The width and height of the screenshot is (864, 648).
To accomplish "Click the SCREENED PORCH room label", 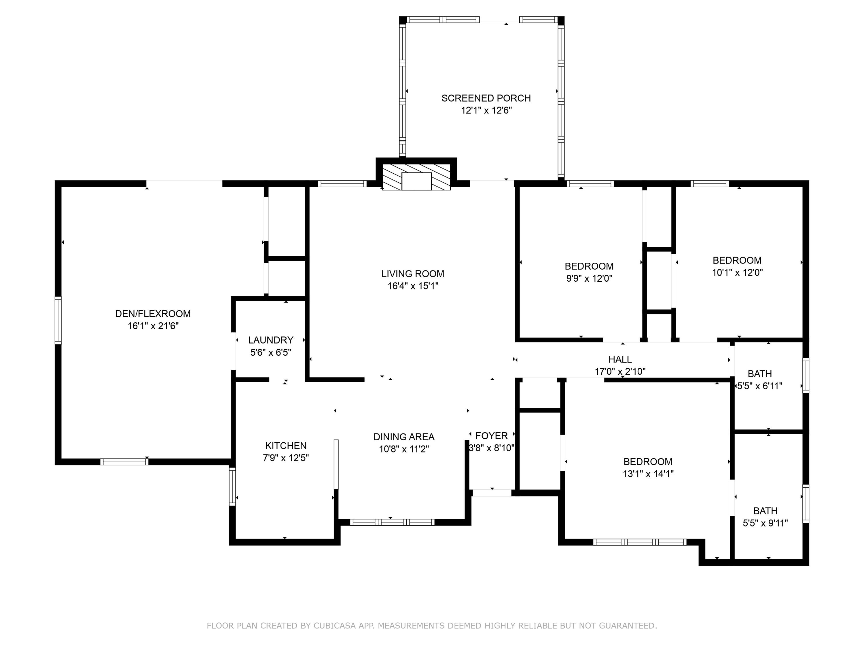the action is pyautogui.click(x=486, y=98).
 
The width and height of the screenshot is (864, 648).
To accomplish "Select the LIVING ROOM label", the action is pyautogui.click(x=413, y=274).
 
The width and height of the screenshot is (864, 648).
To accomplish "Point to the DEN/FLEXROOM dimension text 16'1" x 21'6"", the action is pyautogui.click(x=153, y=326).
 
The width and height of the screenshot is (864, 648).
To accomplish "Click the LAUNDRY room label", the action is pyautogui.click(x=271, y=340).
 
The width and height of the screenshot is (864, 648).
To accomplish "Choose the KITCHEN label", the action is pyautogui.click(x=286, y=446).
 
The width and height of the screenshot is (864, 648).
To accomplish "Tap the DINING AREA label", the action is pyautogui.click(x=404, y=437).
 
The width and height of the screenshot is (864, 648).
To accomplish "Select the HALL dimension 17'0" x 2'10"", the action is pyautogui.click(x=620, y=371).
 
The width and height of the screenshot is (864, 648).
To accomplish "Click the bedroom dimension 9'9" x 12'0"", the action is pyautogui.click(x=589, y=278).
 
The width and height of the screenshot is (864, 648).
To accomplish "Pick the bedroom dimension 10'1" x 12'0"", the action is pyautogui.click(x=737, y=272).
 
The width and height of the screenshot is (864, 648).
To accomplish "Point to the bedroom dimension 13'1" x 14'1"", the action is pyautogui.click(x=648, y=474).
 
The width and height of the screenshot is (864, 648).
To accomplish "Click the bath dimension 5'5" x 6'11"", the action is pyautogui.click(x=760, y=386).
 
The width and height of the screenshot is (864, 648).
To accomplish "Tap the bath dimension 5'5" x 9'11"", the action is pyautogui.click(x=765, y=523).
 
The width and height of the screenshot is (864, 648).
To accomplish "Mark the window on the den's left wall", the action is pyautogui.click(x=58, y=320).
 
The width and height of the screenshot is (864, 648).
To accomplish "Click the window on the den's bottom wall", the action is pyautogui.click(x=124, y=462).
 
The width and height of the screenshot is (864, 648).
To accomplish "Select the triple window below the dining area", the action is pyautogui.click(x=392, y=522).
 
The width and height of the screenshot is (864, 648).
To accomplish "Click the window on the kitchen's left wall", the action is pyautogui.click(x=232, y=486).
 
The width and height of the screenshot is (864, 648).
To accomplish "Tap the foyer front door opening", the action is pyautogui.click(x=492, y=493).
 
